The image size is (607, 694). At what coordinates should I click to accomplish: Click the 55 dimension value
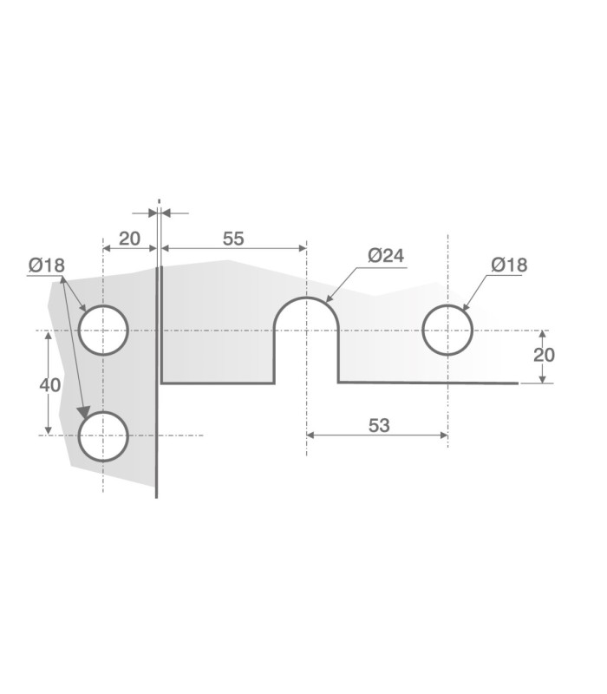[233, 239]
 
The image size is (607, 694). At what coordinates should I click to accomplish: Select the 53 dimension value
[379, 425]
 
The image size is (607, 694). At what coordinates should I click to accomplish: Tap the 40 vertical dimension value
[50, 385]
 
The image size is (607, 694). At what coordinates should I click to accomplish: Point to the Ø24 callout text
[386, 255]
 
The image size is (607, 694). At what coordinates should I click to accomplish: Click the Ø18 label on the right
[509, 265]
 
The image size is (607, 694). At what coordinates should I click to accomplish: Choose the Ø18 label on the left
[47, 265]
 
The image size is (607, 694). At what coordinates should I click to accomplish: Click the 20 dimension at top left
[129, 239]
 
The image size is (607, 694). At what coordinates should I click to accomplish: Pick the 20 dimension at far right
[544, 355]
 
